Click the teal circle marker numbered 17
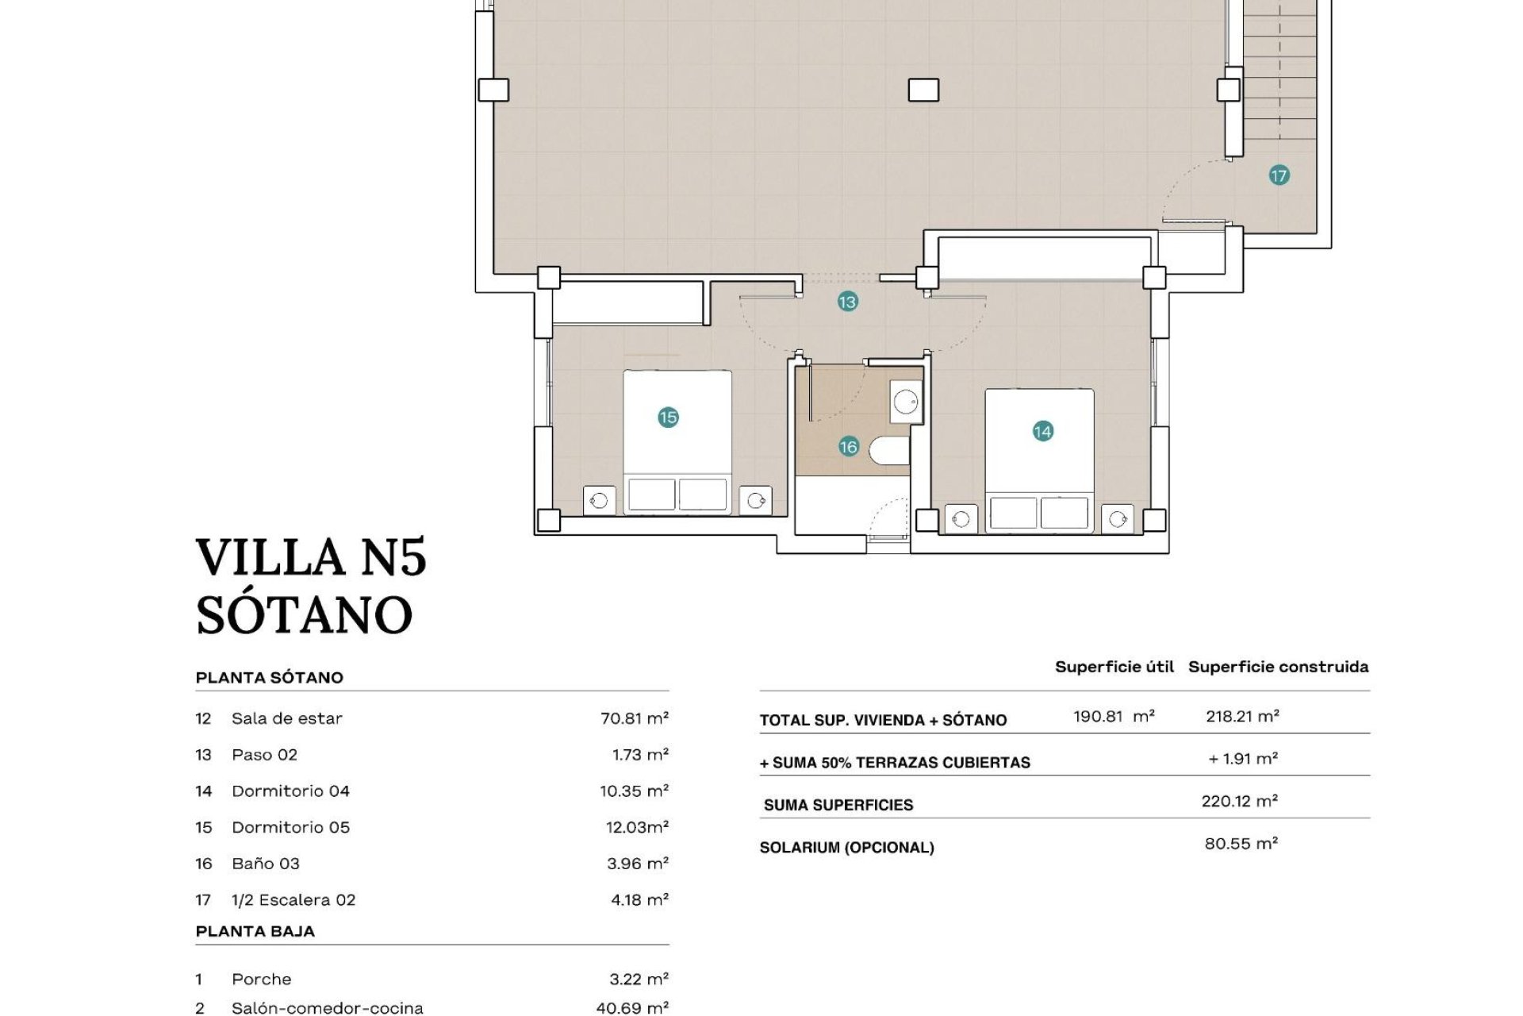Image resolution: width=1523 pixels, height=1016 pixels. [x=1279, y=175]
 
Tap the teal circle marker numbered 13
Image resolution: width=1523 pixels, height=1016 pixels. [x=847, y=302]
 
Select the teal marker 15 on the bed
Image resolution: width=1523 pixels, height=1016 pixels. [x=668, y=417]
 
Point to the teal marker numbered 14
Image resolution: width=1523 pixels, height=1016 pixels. [x=1042, y=431]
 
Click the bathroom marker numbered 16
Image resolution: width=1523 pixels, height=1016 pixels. [x=848, y=447]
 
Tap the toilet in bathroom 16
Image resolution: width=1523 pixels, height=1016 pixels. [x=889, y=451]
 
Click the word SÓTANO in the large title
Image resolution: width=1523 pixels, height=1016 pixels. [x=305, y=614]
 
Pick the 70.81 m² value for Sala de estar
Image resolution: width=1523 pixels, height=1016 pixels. [x=634, y=718]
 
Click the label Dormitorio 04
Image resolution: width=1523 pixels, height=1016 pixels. [x=290, y=791]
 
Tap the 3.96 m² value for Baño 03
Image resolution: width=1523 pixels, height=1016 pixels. [x=637, y=864]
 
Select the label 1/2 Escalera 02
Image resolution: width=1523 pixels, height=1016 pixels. [x=293, y=900]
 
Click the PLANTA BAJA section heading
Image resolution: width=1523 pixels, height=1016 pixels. [x=255, y=931]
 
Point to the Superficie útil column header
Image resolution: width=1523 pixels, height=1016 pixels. [x=1114, y=667]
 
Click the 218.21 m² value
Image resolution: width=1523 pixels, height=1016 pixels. [x=1241, y=716]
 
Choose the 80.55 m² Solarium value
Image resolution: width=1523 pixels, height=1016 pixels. [x=1241, y=844]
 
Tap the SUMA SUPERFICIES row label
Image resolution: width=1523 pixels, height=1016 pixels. [x=838, y=805]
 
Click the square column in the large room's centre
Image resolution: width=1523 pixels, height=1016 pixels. [x=923, y=90]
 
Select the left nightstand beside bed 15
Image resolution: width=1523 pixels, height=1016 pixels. [x=599, y=501]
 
